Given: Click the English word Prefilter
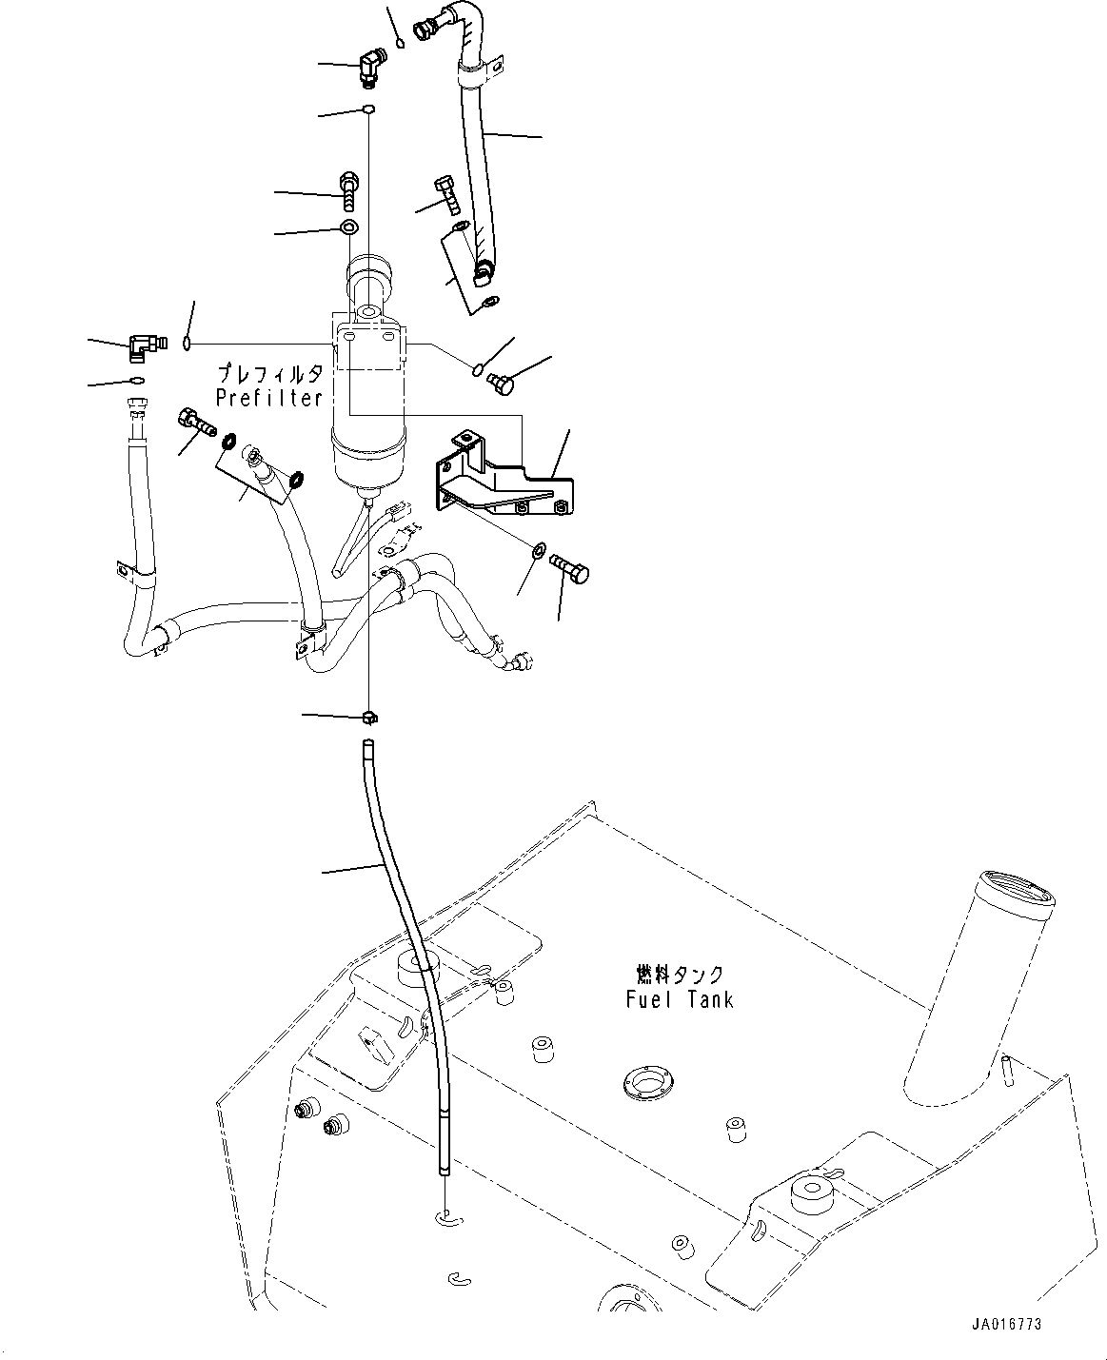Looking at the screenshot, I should pos(269,399).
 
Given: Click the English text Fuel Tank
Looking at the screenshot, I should pos(680,999).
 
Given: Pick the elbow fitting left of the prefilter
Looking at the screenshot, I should pos(145,347).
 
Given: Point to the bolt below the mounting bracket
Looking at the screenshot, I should pos(571,571).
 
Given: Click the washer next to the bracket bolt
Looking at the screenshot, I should pos(539,551).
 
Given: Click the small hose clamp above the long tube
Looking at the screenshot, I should pos(370,716).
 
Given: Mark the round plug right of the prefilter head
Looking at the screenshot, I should pos(499,384).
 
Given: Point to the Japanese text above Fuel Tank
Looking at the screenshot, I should pos(680,975).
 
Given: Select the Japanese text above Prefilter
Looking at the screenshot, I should pos(270,374).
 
